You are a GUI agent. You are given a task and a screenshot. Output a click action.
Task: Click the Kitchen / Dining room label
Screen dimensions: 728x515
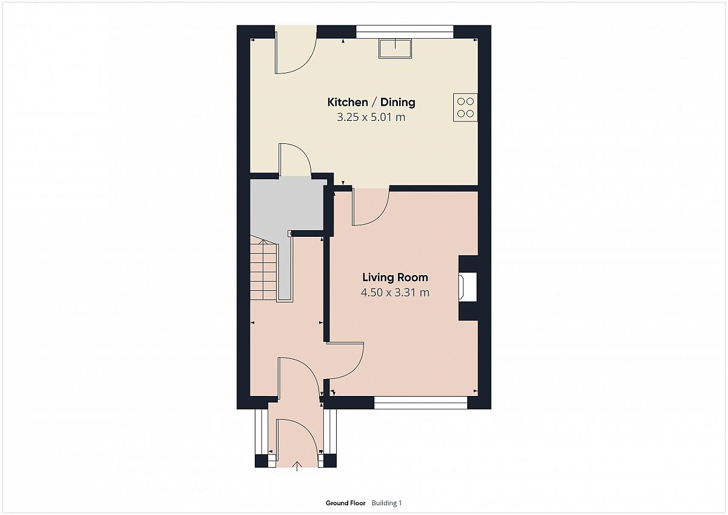(x=371, y=102)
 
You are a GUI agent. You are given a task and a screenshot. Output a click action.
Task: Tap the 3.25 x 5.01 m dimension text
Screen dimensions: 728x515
(x=371, y=117)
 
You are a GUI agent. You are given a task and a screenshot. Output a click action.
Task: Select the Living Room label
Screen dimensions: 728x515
(x=395, y=278)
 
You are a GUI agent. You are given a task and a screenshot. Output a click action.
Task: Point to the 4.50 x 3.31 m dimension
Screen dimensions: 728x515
(x=395, y=293)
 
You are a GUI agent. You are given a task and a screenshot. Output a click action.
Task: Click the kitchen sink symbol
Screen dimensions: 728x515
(x=395, y=49)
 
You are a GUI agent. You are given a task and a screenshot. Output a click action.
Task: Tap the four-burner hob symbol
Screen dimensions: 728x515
(x=465, y=107)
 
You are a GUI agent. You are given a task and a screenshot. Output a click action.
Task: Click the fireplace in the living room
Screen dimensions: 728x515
(x=467, y=287)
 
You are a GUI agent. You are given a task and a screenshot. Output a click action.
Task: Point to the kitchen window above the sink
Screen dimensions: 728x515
(x=405, y=32)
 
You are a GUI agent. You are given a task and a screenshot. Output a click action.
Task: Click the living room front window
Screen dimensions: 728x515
(x=420, y=403)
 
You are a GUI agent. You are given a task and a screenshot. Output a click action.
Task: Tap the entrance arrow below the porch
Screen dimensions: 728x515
(x=297, y=466)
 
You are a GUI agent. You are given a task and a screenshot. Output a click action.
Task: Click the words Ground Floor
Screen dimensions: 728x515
(x=345, y=503)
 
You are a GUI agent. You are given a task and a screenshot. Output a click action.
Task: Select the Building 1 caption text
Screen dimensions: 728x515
(x=386, y=503)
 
